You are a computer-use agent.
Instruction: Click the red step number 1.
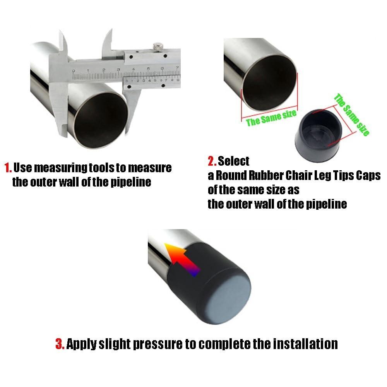tap(8, 168)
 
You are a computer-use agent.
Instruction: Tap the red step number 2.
tap(212, 161)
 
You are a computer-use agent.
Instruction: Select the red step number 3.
tap(60, 344)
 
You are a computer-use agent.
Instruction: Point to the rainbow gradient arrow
tap(182, 259)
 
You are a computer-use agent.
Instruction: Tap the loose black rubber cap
tap(319, 136)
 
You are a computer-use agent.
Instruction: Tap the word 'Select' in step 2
tap(233, 161)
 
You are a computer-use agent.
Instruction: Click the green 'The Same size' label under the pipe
tap(271, 118)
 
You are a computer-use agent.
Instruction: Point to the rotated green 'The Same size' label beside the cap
tap(352, 115)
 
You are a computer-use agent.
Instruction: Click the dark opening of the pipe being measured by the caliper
tap(101, 119)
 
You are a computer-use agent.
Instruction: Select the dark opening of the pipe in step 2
tap(269, 83)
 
